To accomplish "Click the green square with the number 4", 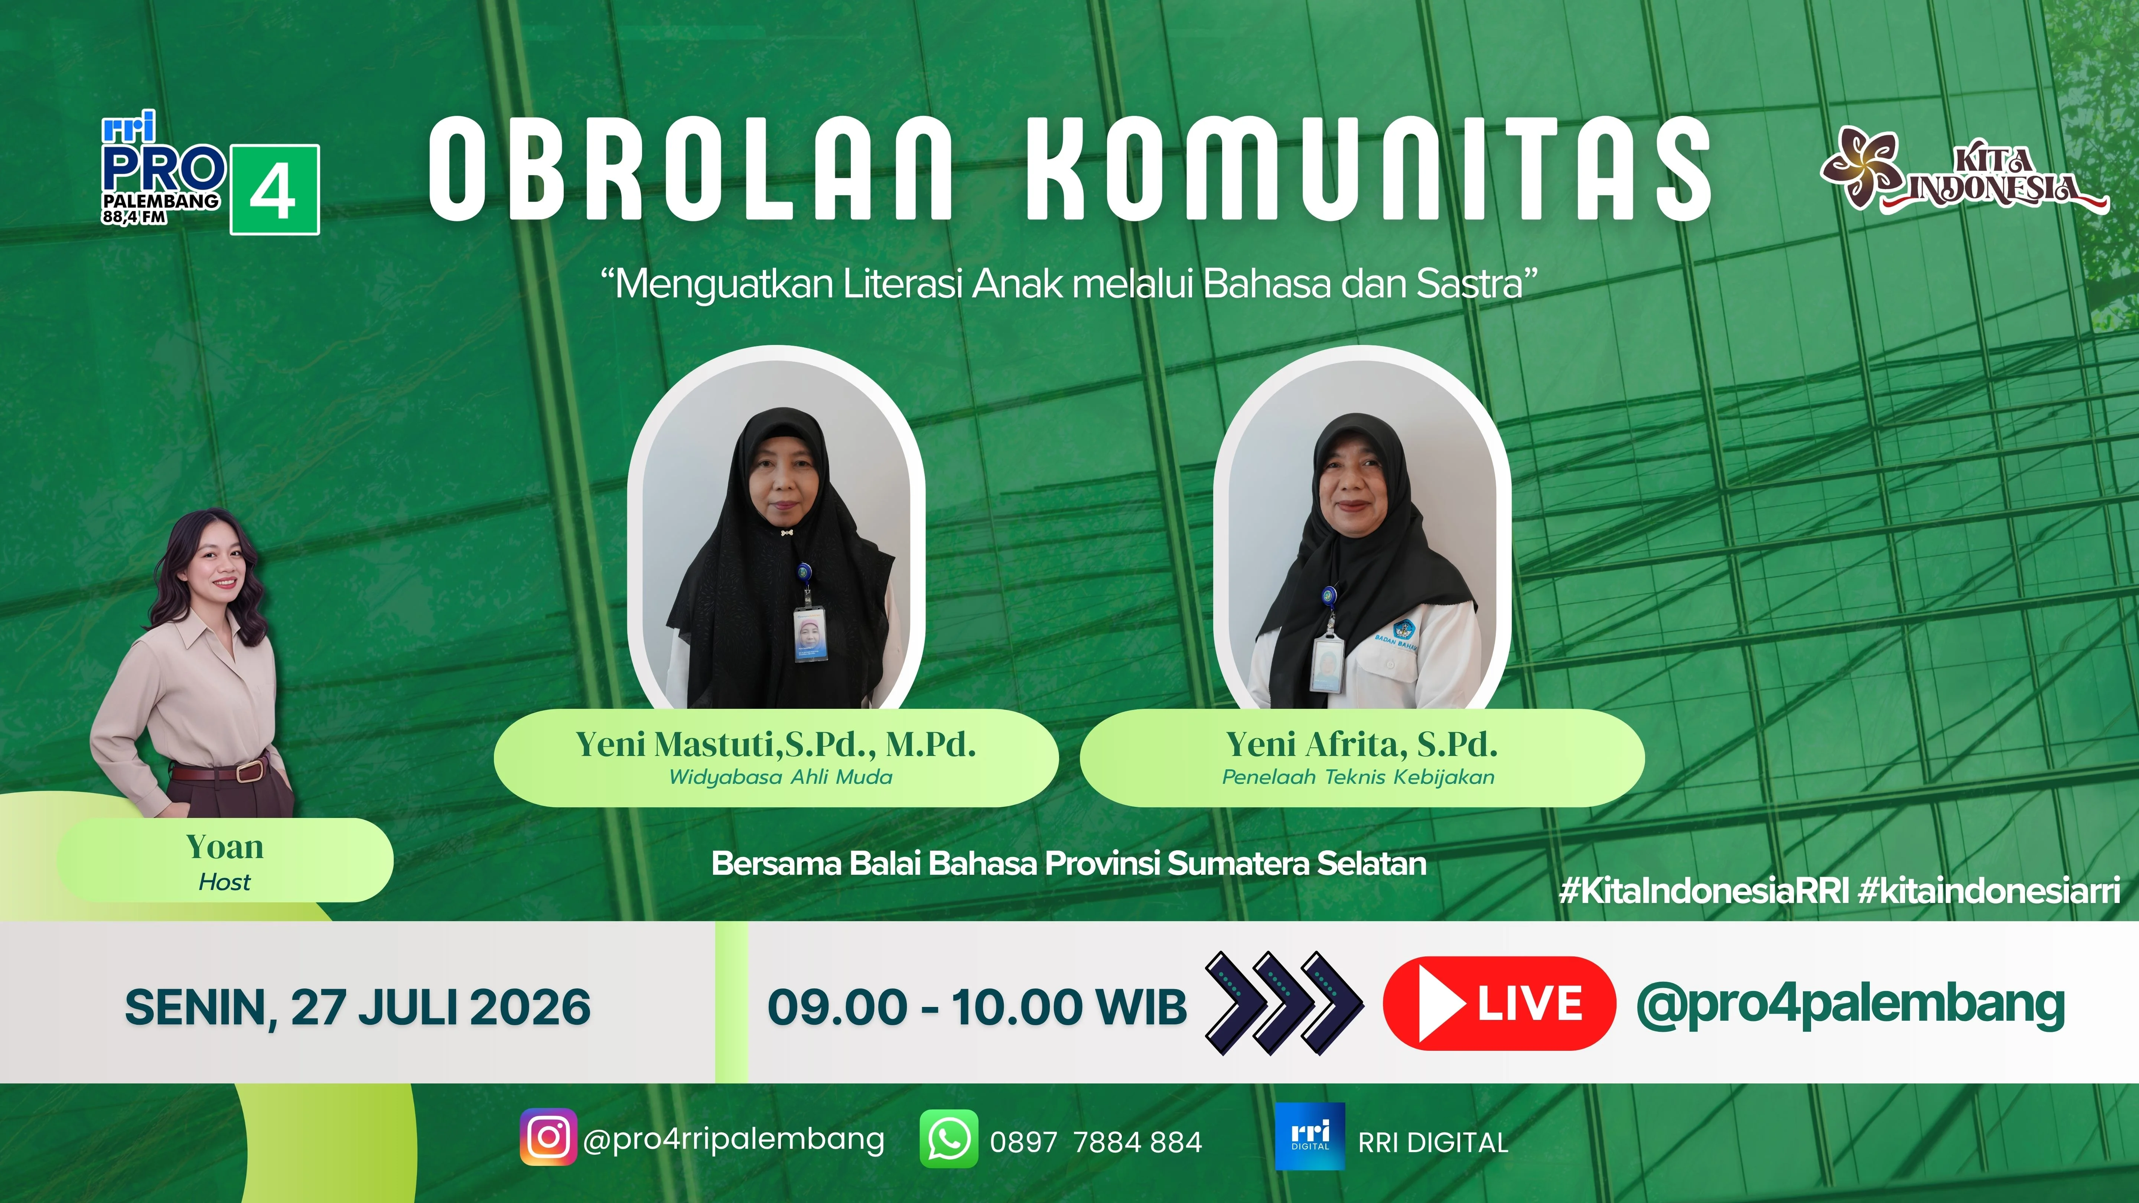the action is (275, 190).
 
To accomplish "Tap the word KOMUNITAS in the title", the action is (1368, 169).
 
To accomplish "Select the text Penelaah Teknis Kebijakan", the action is (1358, 777).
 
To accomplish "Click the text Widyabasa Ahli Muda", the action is (781, 777).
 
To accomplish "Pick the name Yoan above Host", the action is (225, 847).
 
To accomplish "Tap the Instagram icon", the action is (548, 1137).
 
